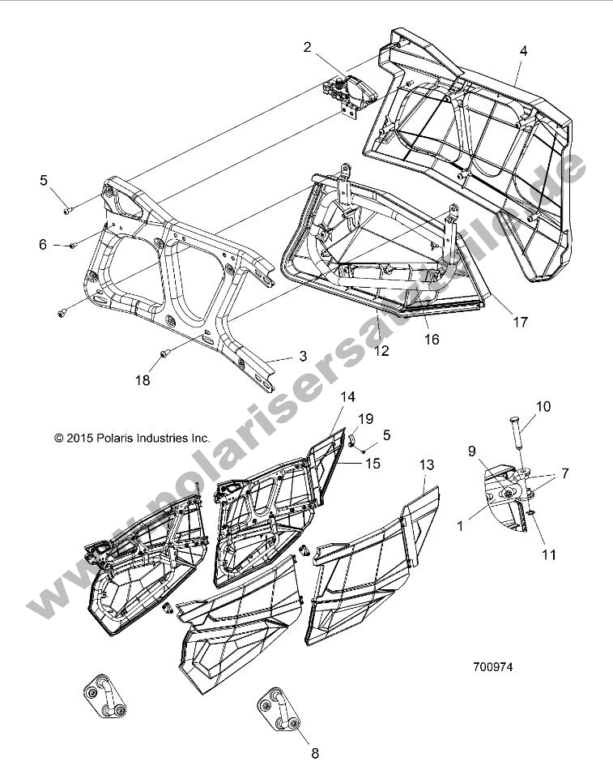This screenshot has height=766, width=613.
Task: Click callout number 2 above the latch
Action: click(307, 48)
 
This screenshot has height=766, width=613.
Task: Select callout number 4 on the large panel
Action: click(523, 50)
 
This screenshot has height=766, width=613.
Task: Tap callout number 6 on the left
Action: click(44, 244)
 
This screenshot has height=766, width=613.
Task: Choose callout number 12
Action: click(381, 350)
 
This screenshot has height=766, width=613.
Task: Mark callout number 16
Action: click(432, 340)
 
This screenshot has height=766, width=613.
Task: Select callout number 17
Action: click(519, 322)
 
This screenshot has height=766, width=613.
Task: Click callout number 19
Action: click(366, 418)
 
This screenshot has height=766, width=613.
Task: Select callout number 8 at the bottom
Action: click(314, 752)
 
